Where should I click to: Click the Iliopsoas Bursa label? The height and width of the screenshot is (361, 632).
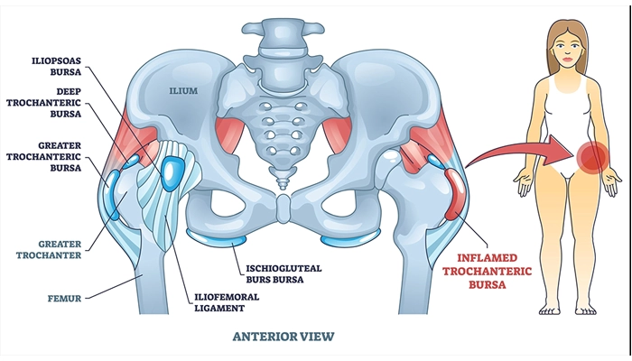coord(56,67)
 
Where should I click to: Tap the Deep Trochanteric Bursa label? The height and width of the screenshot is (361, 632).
coord(43,103)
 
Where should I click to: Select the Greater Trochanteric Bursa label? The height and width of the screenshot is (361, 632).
coord(43,156)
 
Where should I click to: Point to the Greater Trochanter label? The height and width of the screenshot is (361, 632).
coord(49,249)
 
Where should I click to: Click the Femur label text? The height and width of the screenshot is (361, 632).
coord(64,299)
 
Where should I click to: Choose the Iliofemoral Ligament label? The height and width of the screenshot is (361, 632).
coord(227,302)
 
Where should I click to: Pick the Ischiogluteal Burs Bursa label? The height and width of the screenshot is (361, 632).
coord(283,273)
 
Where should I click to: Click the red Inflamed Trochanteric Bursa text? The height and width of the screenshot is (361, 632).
coord(487,271)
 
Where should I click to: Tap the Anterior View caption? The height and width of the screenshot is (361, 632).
coord(283,336)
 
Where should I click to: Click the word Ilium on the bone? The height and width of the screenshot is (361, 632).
coord(183,90)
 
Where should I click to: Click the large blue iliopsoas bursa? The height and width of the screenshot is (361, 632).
coord(172,173)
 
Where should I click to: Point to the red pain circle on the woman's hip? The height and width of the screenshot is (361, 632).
coord(591,158)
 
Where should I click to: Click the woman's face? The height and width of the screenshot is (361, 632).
coord(567,48)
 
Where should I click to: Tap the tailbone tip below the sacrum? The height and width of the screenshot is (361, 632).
coord(283,180)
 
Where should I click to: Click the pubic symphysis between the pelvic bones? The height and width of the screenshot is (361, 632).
coord(283,208)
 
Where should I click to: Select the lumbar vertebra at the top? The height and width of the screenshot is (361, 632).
coord(283,38)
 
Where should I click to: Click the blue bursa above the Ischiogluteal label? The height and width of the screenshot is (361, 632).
coord(216,237)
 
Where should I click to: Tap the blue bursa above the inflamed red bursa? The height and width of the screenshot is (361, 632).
coord(435,162)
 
